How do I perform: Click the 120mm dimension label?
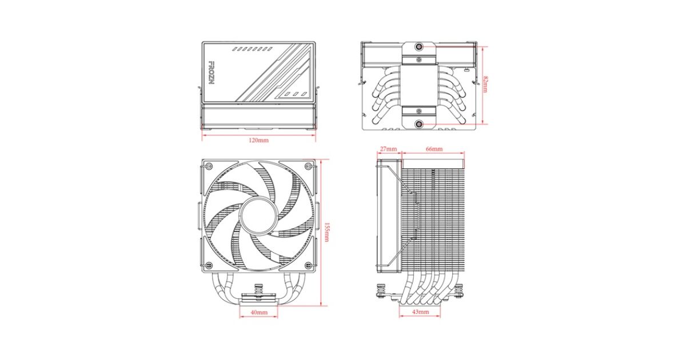pyautogui.click(x=258, y=140)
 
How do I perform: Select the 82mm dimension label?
pyautogui.click(x=485, y=84)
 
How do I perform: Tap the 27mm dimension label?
pyautogui.click(x=388, y=149)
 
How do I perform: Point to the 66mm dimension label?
pyautogui.click(x=434, y=149)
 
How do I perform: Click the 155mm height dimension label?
pyautogui.click(x=326, y=232)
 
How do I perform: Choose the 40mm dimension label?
pyautogui.click(x=259, y=312)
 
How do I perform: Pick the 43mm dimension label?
pyautogui.click(x=421, y=312)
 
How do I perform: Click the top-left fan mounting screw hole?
pyautogui.click(x=209, y=166)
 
